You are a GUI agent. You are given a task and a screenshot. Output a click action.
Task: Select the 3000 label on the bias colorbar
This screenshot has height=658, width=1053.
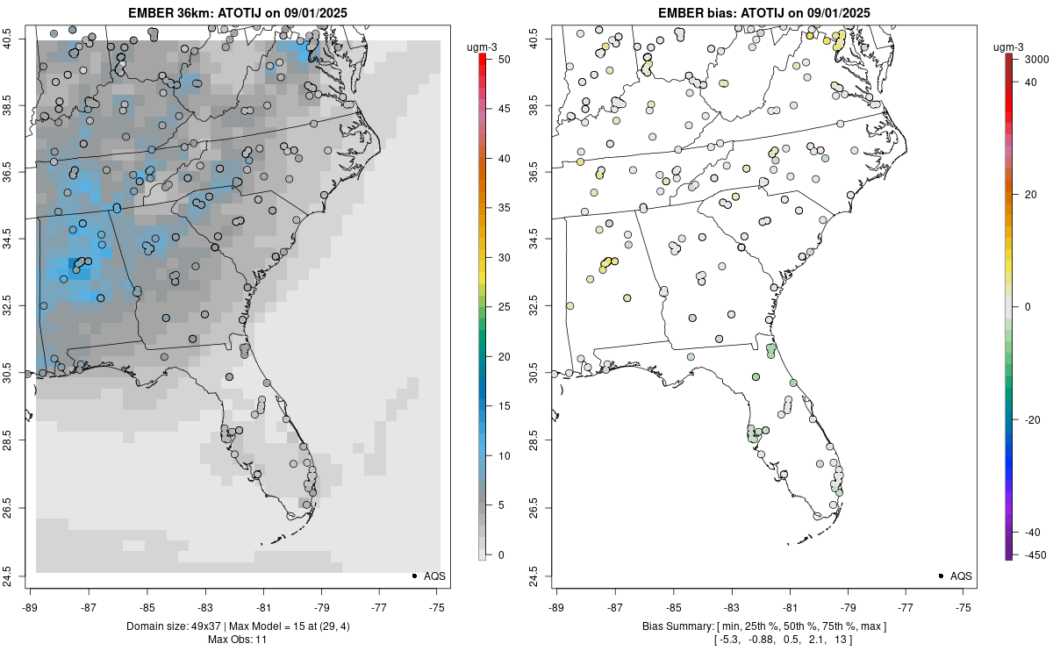coord(1031,59)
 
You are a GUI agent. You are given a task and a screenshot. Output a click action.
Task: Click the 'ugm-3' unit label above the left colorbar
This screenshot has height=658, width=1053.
coord(482,45)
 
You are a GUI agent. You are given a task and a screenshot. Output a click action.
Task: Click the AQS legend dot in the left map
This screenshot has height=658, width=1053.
coord(414,576)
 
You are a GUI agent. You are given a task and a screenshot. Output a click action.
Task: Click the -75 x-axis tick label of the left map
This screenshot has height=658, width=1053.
coord(437,605)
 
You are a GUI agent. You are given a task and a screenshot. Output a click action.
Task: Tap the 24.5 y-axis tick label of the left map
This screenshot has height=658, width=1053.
coord(17,576)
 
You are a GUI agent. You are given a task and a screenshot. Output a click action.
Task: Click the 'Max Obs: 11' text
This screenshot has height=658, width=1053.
coord(237,640)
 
